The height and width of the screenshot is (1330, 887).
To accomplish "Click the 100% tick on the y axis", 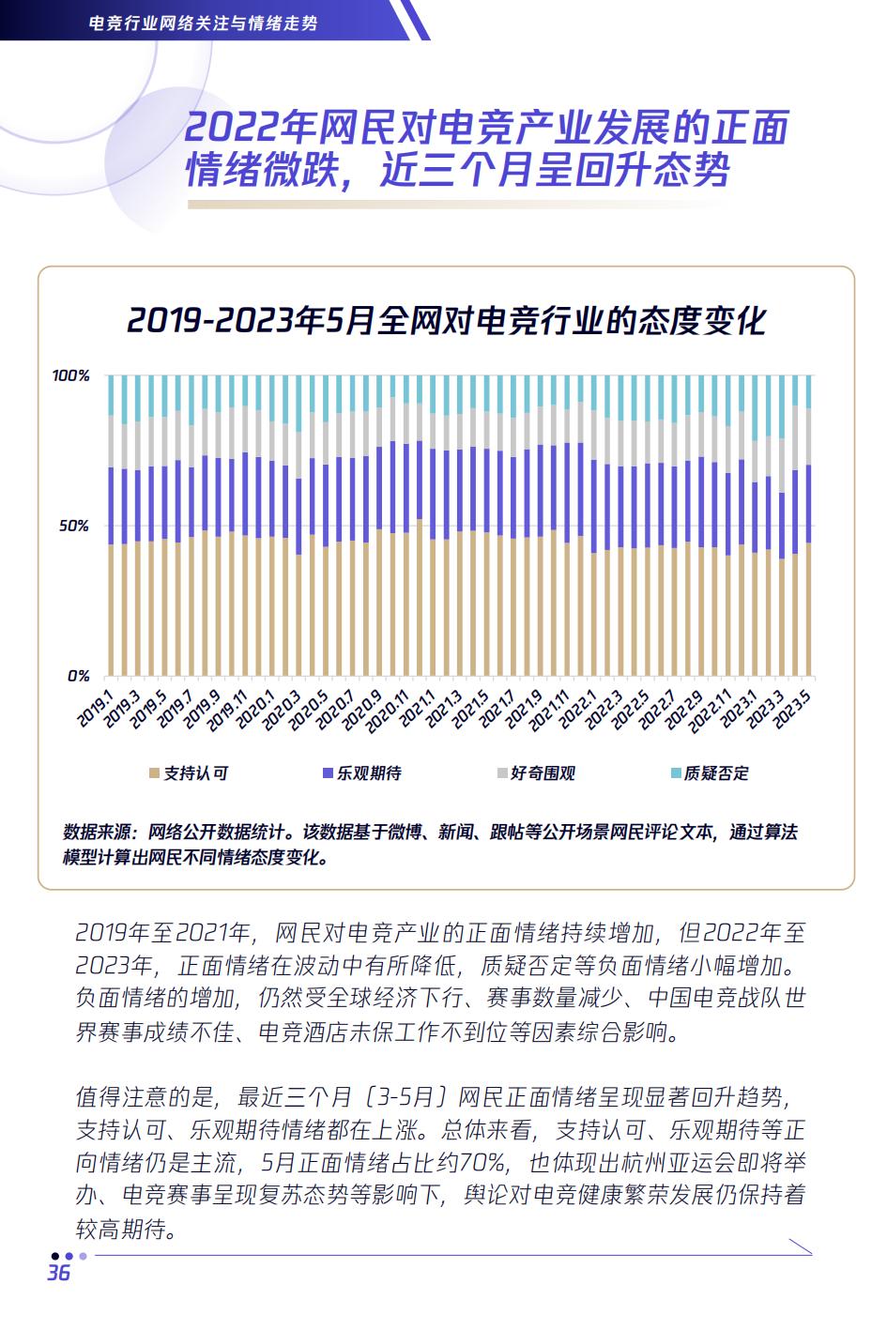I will pos(70,375).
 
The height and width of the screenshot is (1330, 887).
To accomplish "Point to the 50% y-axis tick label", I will pos(74,526).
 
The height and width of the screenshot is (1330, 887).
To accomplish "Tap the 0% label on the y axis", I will pos(78,676).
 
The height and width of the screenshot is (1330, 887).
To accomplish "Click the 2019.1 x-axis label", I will pos(96,707).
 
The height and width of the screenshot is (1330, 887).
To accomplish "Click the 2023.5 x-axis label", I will pos(794,707).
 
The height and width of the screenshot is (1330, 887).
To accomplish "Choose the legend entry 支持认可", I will pos(195,773).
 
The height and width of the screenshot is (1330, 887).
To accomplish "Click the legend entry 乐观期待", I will pos(369,773).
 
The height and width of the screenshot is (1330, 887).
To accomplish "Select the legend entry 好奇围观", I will pos(543,773).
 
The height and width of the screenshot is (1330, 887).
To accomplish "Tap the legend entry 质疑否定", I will pos(716,773).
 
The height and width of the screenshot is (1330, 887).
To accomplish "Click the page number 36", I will pos(58,1273).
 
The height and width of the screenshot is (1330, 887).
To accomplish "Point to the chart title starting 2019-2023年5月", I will pos(446,320).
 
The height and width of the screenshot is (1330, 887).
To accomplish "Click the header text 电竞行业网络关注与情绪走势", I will pos(202,22).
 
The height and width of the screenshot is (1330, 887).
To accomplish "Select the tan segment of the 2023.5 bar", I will pos(808,610).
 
